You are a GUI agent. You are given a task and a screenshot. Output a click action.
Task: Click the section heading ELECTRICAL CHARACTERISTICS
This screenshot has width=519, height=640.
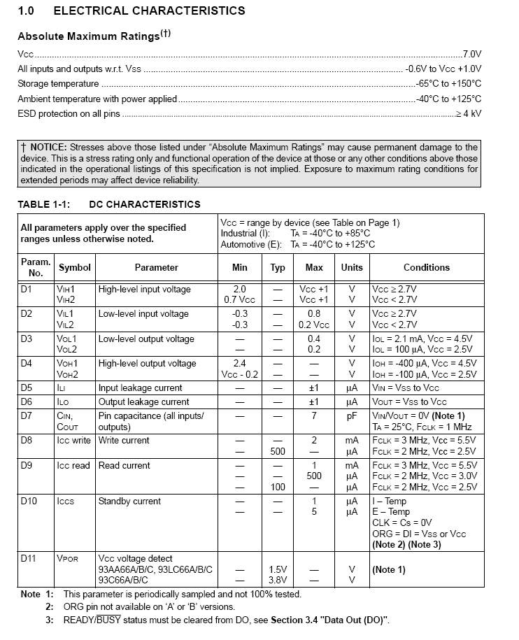pos(149,10)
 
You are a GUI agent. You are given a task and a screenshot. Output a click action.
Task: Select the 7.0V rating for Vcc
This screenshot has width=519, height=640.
pos(472,53)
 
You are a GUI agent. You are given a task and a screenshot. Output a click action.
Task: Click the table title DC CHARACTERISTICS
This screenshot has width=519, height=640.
pos(145,204)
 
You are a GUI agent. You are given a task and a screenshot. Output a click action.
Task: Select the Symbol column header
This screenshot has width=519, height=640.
pos(75,267)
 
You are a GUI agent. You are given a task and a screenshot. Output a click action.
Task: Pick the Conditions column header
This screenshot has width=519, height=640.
pos(426,267)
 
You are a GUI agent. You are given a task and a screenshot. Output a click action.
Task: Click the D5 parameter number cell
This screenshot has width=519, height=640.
pos(27,387)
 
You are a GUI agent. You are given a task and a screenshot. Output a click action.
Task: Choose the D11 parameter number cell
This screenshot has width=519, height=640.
pos(29,559)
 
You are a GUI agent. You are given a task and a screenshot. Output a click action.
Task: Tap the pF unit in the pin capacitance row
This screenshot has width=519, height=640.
pos(352,415)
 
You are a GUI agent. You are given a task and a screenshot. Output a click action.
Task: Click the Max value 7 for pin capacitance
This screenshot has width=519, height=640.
pos(314,415)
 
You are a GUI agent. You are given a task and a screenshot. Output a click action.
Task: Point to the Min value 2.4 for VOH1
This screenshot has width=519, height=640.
pos(239,363)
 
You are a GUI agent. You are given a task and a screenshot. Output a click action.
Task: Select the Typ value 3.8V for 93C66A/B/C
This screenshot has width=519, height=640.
pos(278,580)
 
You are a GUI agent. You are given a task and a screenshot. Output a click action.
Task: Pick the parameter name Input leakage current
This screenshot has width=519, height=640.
pos(140,387)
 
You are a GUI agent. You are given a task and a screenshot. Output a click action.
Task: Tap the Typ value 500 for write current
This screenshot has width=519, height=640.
pos(278,451)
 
